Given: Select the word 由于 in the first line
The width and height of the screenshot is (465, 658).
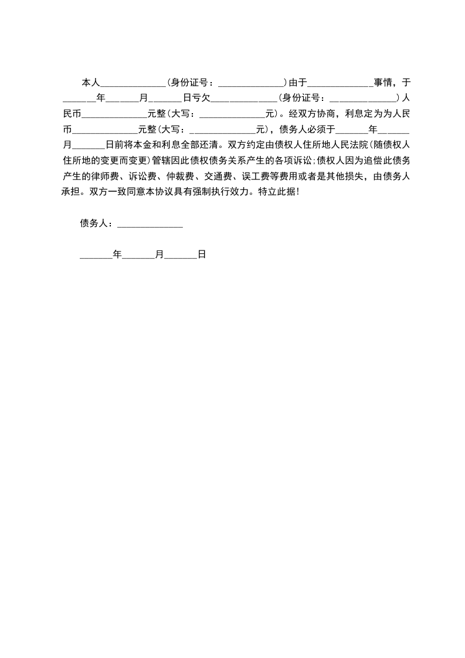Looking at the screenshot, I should pos(298,82).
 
